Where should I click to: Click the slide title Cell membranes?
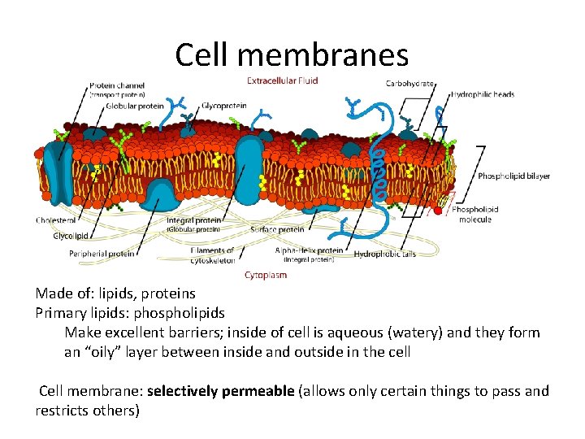(292, 55)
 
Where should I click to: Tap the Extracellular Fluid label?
(282, 80)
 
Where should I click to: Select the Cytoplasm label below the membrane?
(266, 276)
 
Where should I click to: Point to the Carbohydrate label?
(409, 83)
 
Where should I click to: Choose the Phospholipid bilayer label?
(513, 176)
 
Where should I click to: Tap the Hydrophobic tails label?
(385, 254)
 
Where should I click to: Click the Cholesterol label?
(56, 219)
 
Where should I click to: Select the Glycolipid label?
(71, 236)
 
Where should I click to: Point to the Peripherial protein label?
(102, 254)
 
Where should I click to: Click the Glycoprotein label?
(223, 106)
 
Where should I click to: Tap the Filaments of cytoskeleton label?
(213, 255)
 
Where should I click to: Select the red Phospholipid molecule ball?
(439, 210)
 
